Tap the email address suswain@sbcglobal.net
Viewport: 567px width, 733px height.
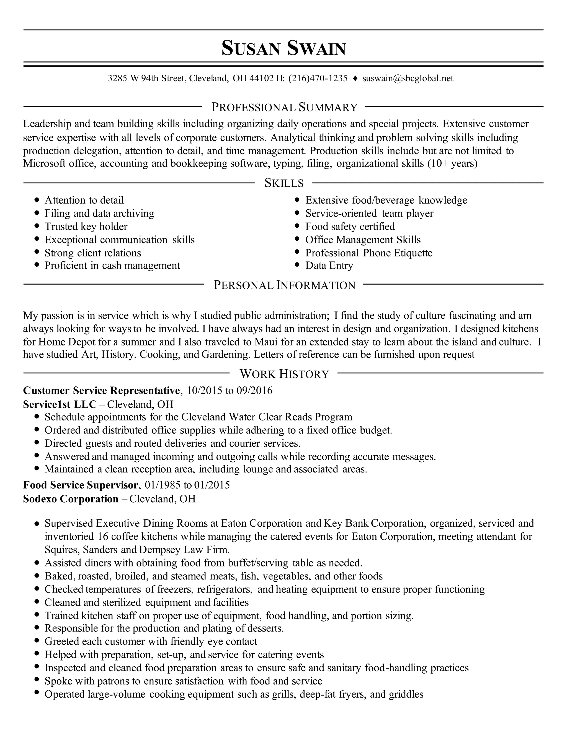(x=408, y=78)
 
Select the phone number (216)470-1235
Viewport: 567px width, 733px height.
(x=318, y=78)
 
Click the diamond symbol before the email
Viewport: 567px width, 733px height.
(x=355, y=79)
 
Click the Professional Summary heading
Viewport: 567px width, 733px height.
(x=284, y=107)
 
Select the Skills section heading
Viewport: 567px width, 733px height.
(x=284, y=183)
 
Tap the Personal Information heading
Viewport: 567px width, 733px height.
(x=284, y=285)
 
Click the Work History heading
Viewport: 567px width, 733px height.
(x=284, y=373)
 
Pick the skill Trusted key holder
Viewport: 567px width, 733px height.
(x=86, y=227)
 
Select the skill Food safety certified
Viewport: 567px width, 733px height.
(x=350, y=227)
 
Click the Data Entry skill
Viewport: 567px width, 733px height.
(x=329, y=266)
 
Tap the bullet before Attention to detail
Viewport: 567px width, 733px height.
(x=37, y=200)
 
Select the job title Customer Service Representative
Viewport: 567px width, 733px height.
(x=101, y=390)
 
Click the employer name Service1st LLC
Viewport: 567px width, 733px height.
(x=60, y=404)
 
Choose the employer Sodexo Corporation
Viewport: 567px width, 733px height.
(x=71, y=499)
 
